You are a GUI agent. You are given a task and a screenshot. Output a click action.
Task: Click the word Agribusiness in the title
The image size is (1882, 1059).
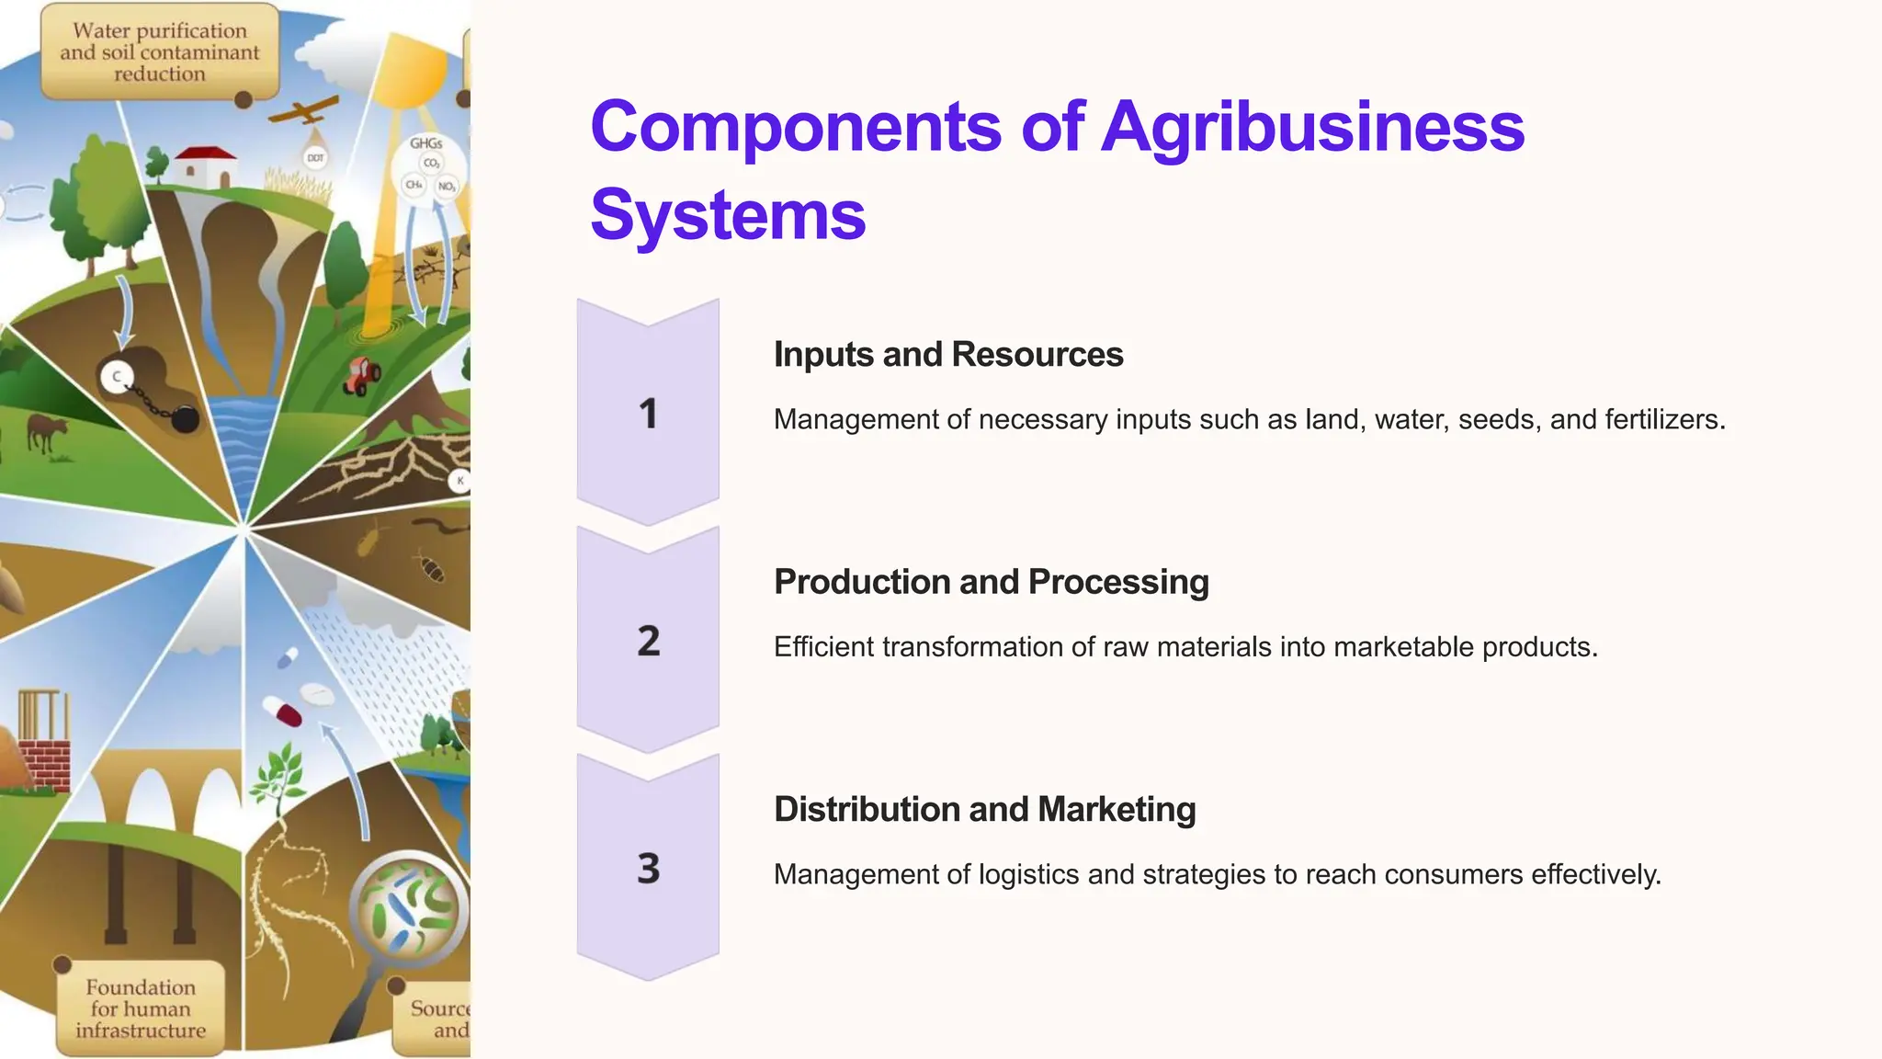(1312, 127)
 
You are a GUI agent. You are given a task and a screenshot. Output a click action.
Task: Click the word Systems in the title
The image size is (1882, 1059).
(728, 215)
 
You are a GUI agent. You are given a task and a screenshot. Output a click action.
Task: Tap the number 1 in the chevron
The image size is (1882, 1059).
(648, 413)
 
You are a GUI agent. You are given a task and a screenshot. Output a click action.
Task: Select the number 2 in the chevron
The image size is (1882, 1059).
(648, 641)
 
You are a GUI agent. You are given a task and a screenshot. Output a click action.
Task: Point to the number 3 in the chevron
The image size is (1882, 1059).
(648, 868)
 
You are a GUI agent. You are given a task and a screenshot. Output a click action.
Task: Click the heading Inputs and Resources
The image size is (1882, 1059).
(947, 355)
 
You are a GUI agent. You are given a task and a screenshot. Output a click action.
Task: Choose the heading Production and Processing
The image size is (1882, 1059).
(991, 582)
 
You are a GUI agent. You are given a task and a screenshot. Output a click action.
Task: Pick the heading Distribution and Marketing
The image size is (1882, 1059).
(984, 809)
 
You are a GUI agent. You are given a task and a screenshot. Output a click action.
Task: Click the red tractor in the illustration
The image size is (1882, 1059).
(362, 375)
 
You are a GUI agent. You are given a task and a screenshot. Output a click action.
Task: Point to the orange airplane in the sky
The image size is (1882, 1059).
(303, 112)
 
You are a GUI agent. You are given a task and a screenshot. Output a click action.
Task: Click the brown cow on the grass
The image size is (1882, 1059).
(46, 431)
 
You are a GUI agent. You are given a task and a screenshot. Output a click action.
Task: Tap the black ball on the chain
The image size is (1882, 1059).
(185, 419)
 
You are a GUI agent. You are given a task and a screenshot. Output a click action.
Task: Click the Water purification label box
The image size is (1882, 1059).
(160, 52)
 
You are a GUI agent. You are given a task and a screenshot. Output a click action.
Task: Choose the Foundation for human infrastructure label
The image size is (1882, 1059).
(141, 1008)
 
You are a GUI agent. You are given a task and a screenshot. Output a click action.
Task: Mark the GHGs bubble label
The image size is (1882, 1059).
(426, 144)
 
